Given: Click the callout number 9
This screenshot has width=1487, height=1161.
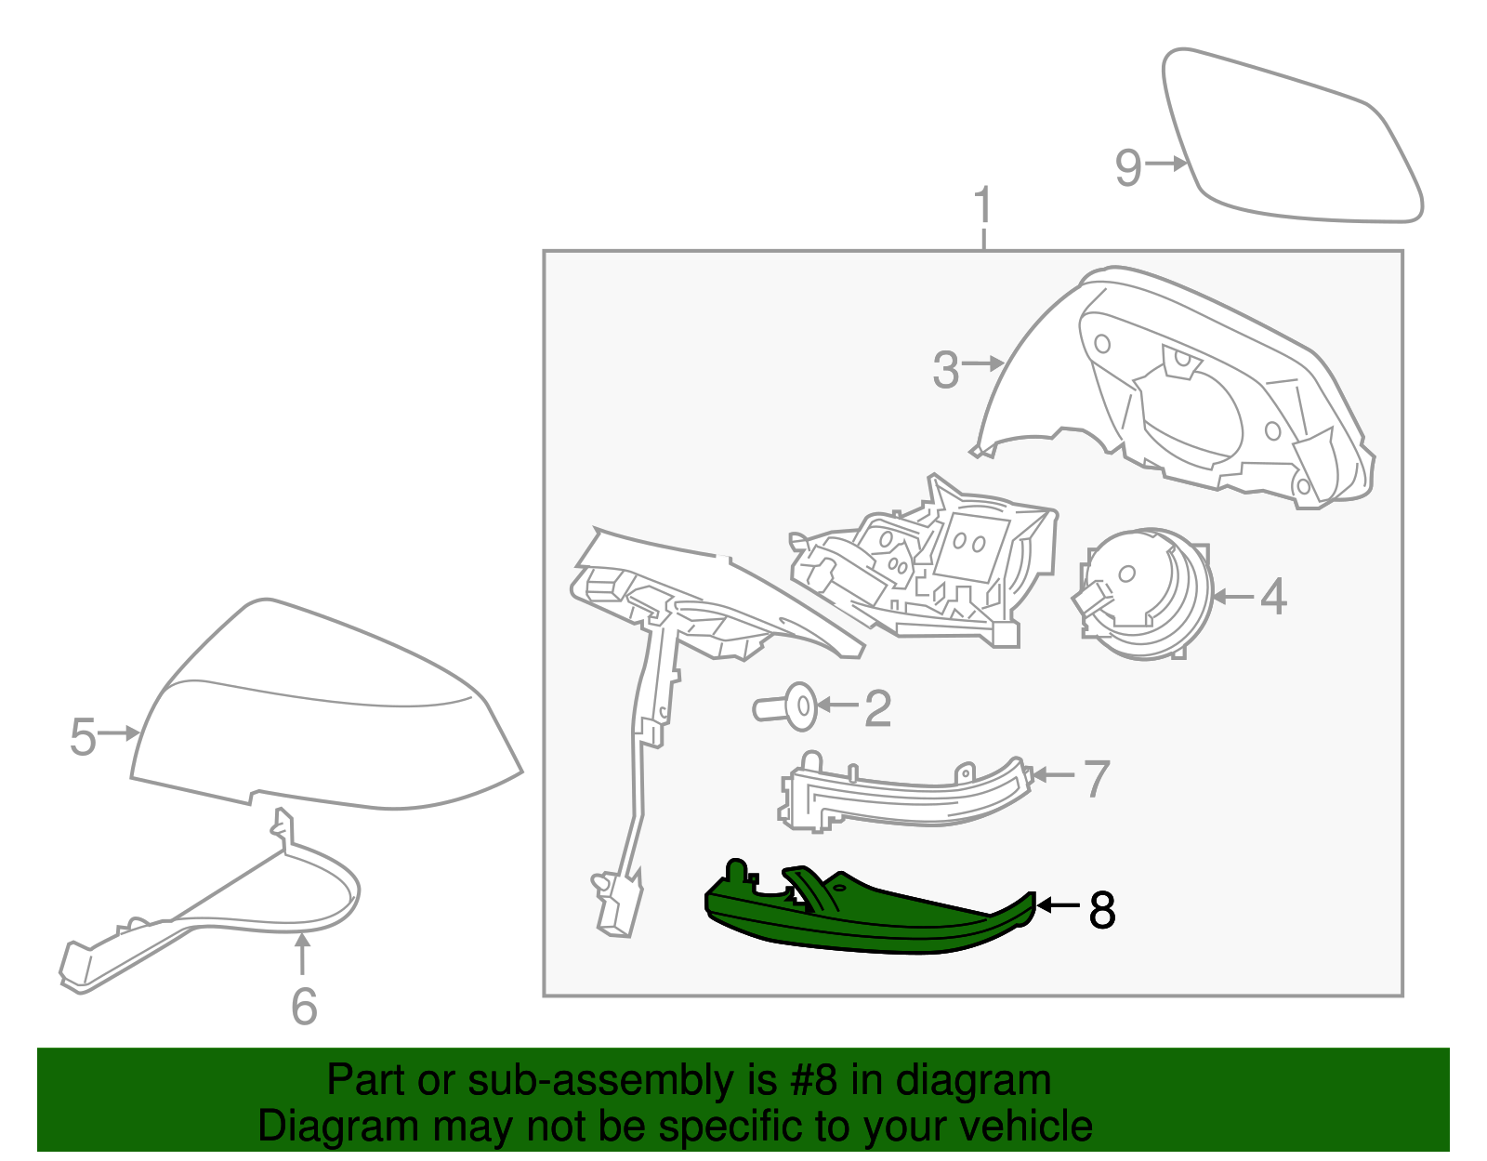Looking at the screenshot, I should click(x=1127, y=168).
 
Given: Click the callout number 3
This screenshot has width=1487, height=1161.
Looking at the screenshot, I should click(x=945, y=370).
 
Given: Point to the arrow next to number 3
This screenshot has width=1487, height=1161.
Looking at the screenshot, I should click(x=983, y=363).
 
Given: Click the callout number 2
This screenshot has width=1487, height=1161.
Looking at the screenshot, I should click(x=877, y=708).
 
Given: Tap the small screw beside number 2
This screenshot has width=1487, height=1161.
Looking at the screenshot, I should click(x=788, y=708).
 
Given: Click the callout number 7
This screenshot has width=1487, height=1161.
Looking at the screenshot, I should click(x=1097, y=779).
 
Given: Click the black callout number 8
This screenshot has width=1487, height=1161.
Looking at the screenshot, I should click(x=1101, y=910).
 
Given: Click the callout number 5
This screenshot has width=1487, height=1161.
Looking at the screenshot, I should click(x=83, y=737).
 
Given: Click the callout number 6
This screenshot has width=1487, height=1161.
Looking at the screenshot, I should click(x=304, y=1007).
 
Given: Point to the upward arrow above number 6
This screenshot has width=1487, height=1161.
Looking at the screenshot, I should click(x=302, y=955).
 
